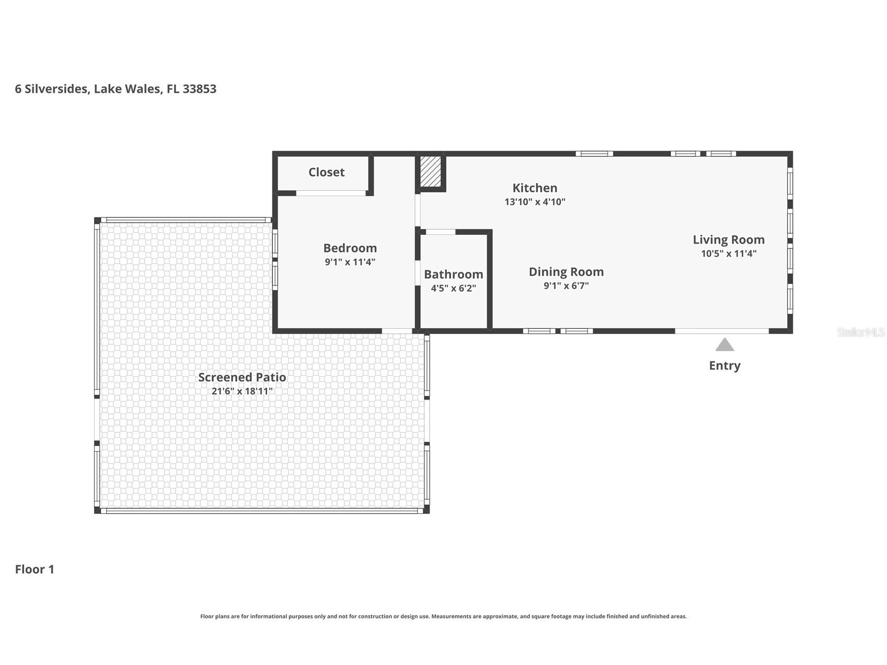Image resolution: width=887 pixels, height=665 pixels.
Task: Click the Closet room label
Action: tap(326, 172)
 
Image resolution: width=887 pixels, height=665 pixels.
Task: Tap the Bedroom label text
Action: tap(350, 248)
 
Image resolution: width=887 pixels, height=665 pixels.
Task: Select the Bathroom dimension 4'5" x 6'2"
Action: tap(453, 288)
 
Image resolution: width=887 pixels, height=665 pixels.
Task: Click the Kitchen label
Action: tap(535, 188)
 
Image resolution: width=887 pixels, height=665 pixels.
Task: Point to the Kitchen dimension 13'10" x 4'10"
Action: tap(535, 202)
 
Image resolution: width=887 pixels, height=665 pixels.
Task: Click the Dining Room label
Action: tap(566, 272)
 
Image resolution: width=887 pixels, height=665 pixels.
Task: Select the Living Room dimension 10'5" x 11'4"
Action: tap(729, 254)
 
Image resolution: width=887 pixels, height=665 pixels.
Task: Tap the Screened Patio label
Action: tap(242, 377)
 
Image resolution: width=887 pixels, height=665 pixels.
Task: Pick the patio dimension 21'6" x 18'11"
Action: tap(242, 391)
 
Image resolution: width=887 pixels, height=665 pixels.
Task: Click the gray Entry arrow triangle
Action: tap(724, 345)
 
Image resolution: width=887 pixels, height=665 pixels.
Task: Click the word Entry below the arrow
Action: tap(724, 365)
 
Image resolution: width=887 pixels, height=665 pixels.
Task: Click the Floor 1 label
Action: tap(34, 569)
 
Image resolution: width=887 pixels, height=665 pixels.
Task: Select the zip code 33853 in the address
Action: tap(199, 89)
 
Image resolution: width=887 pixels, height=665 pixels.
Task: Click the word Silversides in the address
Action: tap(57, 89)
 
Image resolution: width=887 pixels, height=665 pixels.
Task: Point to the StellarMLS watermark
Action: tap(861, 332)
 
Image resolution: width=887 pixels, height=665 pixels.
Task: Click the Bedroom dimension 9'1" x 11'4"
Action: tap(350, 262)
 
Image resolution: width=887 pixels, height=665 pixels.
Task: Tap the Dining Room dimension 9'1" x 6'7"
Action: tap(566, 286)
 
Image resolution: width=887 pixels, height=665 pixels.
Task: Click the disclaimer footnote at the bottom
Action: tap(443, 616)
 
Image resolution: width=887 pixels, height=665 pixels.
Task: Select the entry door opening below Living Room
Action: tap(722, 331)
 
